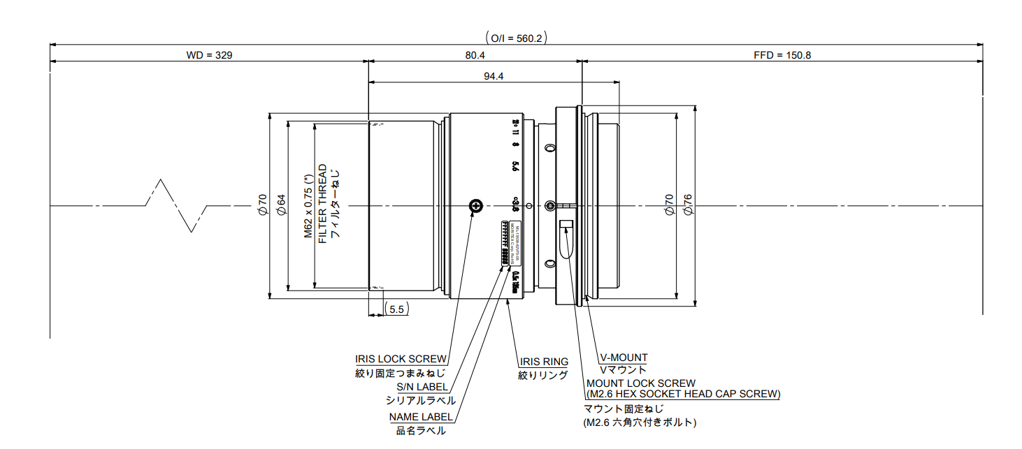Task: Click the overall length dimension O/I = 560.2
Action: tap(514, 38)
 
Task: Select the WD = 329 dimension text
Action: tap(209, 55)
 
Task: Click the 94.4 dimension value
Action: tap(494, 76)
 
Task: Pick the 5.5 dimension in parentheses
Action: tap(396, 309)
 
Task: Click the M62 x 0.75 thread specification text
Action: tap(308, 203)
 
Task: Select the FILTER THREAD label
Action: tap(322, 203)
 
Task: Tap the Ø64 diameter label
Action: tap(281, 204)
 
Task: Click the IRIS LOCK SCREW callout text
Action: tap(401, 359)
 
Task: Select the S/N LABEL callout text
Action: tap(422, 387)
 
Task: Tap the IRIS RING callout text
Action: tap(543, 362)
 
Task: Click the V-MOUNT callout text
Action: tap(624, 358)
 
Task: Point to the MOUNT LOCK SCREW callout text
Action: tap(641, 383)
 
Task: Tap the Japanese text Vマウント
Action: tap(624, 369)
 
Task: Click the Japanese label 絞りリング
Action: tap(542, 375)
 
